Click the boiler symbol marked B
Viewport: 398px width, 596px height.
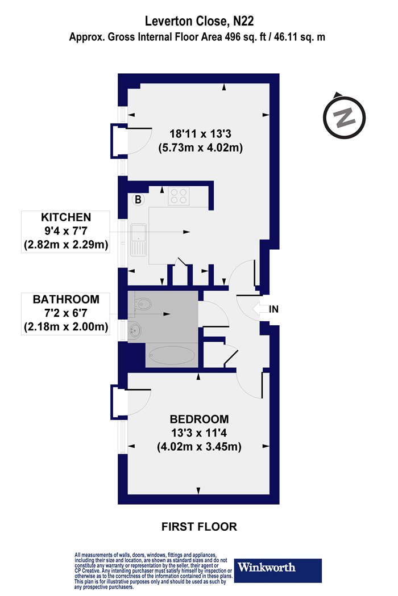tap(138, 199)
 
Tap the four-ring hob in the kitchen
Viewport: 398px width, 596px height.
tap(179, 196)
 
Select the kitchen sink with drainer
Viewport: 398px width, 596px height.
tap(139, 240)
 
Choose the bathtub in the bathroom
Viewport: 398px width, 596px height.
tap(171, 355)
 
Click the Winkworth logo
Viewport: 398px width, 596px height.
tap(277, 570)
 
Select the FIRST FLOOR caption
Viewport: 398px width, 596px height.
tap(199, 526)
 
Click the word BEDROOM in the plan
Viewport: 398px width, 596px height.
tap(199, 419)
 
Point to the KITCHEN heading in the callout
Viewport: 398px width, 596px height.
tap(66, 217)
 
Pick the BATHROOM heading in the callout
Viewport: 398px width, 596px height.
tap(66, 300)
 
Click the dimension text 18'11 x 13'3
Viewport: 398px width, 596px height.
tap(200, 134)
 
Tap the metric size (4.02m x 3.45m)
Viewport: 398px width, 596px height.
tap(199, 447)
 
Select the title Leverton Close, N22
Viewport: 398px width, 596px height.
tap(199, 22)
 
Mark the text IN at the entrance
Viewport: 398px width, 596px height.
tap(274, 309)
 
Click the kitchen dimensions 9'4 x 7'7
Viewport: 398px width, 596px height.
tap(66, 231)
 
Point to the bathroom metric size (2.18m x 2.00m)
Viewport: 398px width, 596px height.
tap(66, 327)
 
